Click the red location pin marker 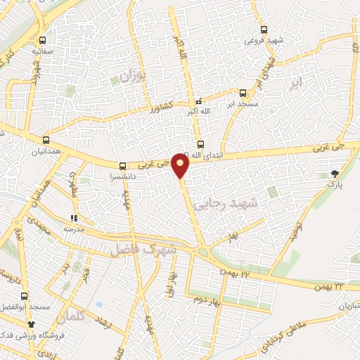tap(181, 165)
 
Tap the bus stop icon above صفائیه tap(44, 40)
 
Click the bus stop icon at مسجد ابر tap(243, 92)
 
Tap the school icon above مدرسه tap(74, 218)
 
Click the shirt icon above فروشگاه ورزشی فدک tap(31, 324)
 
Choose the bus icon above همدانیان tap(46, 139)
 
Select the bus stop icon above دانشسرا tap(123, 167)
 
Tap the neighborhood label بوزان tap(135, 75)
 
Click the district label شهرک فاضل tap(141, 249)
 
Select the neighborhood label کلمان tap(73, 318)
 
